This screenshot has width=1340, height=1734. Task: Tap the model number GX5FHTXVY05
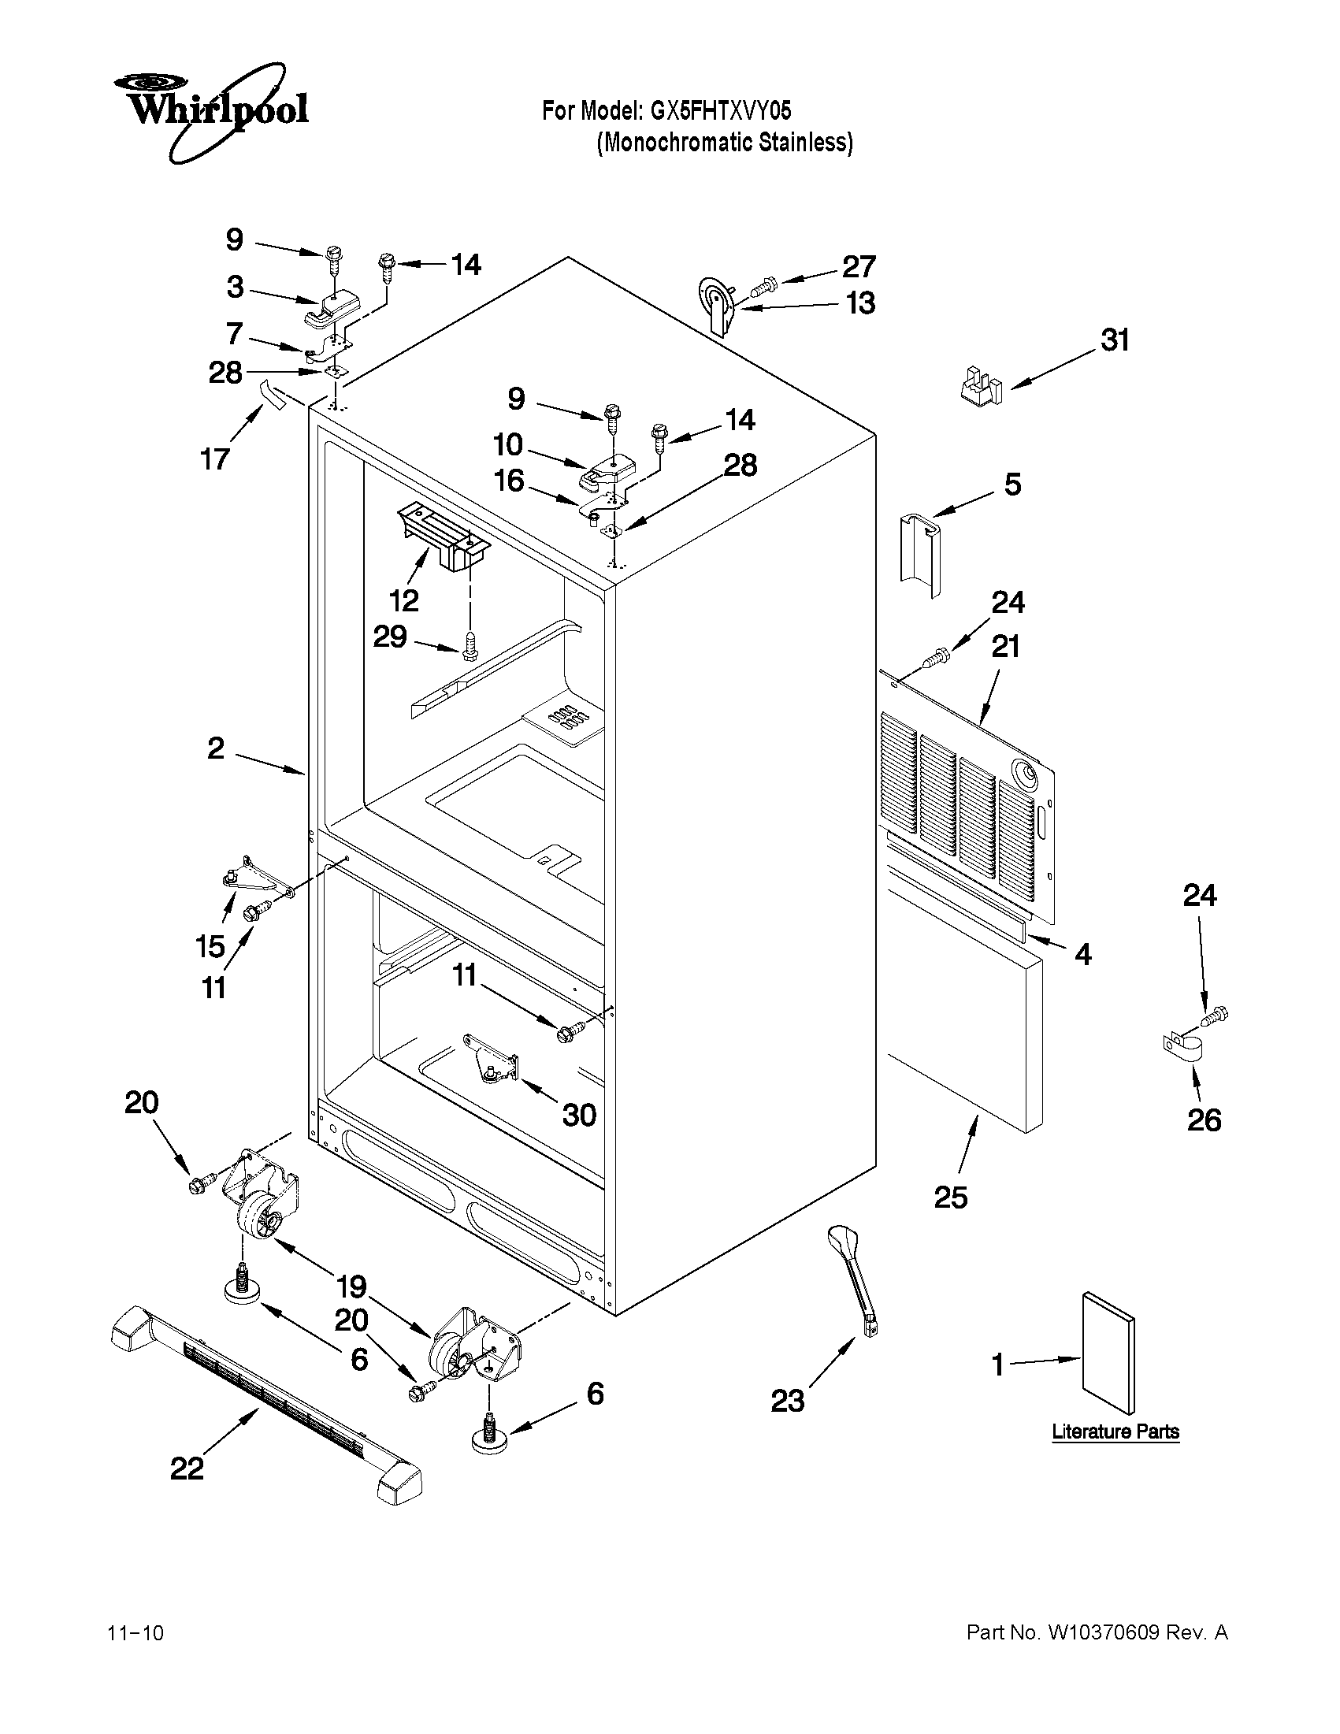click(721, 110)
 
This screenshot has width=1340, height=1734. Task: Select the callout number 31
click(1115, 340)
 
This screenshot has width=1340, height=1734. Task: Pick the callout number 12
click(404, 600)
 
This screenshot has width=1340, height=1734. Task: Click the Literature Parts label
click(1115, 1431)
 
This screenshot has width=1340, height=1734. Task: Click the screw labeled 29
click(470, 644)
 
